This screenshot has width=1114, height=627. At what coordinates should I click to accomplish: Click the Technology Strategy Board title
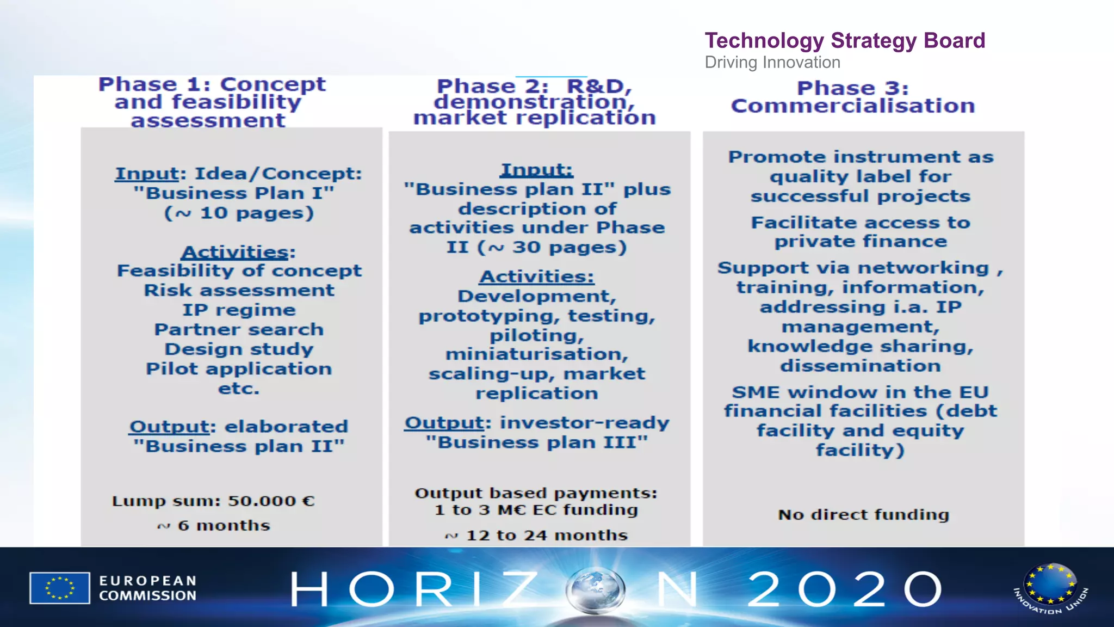click(x=845, y=41)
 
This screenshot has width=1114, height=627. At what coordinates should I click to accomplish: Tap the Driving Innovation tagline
click(x=772, y=63)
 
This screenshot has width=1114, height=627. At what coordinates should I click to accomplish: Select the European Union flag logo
click(x=60, y=588)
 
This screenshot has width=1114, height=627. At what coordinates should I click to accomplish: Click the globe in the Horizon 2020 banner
click(x=595, y=589)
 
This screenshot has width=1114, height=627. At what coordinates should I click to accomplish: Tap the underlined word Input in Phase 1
click(x=146, y=174)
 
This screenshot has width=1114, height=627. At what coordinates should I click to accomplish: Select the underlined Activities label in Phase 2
click(x=536, y=276)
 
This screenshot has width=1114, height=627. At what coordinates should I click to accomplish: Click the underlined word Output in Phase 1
click(x=169, y=426)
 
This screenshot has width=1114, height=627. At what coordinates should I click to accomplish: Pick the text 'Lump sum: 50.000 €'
click(x=213, y=501)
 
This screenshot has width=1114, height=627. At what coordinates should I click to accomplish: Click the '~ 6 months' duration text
click(x=214, y=526)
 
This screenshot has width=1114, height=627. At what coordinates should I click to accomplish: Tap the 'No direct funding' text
click(x=863, y=514)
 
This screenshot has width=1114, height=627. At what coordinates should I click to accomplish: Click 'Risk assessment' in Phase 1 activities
click(x=239, y=290)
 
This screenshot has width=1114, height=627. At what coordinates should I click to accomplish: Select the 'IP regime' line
click(x=239, y=310)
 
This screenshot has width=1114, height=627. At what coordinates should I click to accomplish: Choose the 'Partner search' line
click(x=239, y=329)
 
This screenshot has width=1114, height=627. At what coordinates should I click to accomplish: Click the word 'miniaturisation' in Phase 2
click(x=536, y=354)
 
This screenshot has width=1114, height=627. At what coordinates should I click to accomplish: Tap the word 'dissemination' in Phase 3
click(x=861, y=366)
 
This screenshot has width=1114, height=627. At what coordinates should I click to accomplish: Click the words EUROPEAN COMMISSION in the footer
click(x=147, y=588)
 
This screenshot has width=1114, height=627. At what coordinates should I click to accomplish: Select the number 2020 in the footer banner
click(x=844, y=589)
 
